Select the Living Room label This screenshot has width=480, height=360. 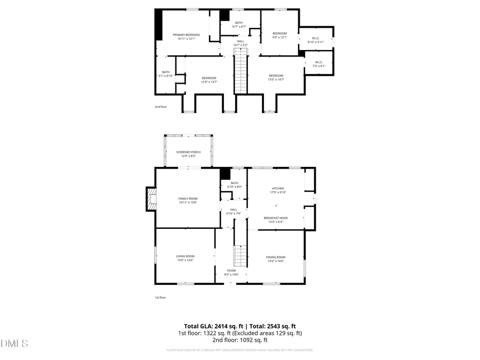185,258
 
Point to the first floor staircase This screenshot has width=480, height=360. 241,257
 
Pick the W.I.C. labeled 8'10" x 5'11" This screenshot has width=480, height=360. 316,40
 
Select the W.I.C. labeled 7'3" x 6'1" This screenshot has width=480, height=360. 319,64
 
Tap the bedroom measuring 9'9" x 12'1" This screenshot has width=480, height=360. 280,35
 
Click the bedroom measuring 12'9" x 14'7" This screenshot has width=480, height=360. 209,80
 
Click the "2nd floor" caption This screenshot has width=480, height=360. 161,107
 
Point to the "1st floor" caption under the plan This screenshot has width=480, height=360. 161,298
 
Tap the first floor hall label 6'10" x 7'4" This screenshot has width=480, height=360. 234,211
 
